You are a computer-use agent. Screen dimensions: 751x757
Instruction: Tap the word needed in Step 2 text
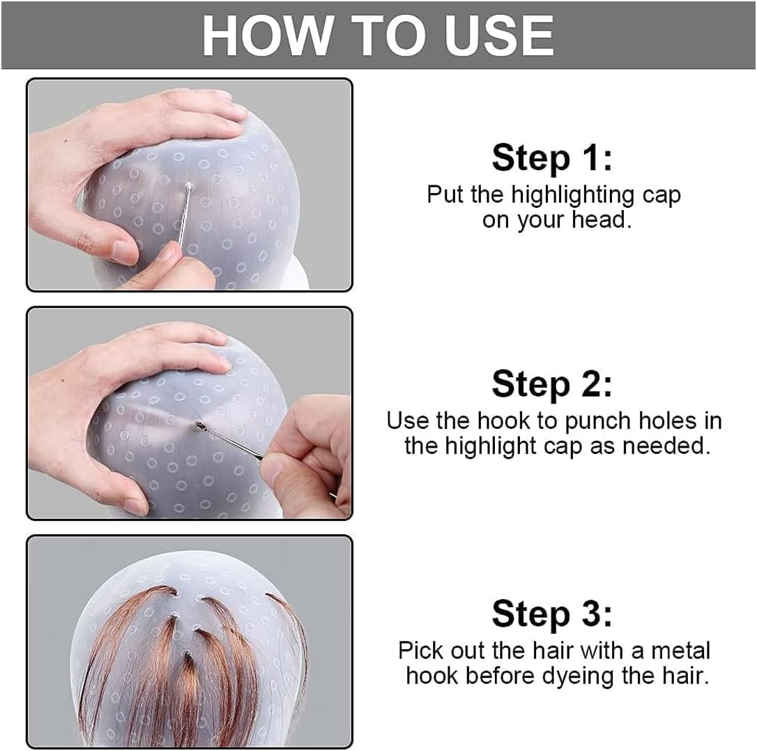668,446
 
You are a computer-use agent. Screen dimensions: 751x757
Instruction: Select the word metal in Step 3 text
681,651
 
